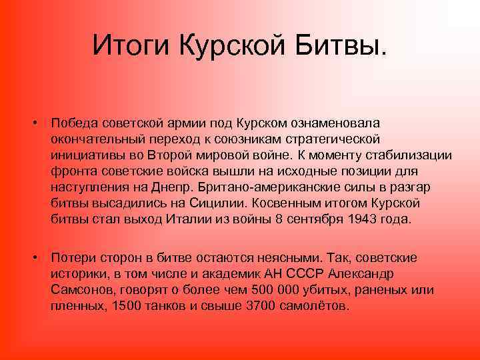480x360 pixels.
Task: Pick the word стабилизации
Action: click(x=412, y=155)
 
